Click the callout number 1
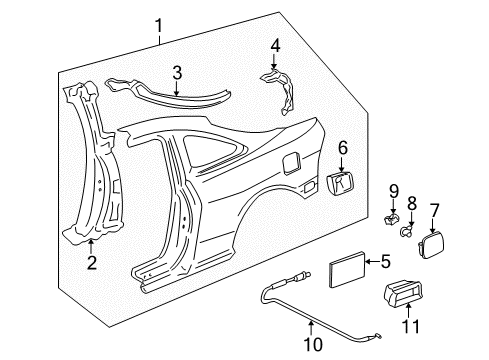tap(159, 26)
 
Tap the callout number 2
tap(91, 263)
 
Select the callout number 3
tap(177, 73)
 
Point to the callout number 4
tap(275, 46)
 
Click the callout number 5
tap(386, 261)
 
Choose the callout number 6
tap(343, 148)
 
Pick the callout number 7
tap(435, 210)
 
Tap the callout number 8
tap(412, 203)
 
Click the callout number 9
tap(394, 191)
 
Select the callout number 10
tap(313, 344)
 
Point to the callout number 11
tap(410, 326)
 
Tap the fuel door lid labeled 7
tap(431, 246)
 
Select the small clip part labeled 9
tap(391, 219)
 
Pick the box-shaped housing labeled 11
tap(403, 292)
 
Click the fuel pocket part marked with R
tap(340, 183)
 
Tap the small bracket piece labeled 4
tap(278, 91)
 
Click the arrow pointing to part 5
tap(373, 262)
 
